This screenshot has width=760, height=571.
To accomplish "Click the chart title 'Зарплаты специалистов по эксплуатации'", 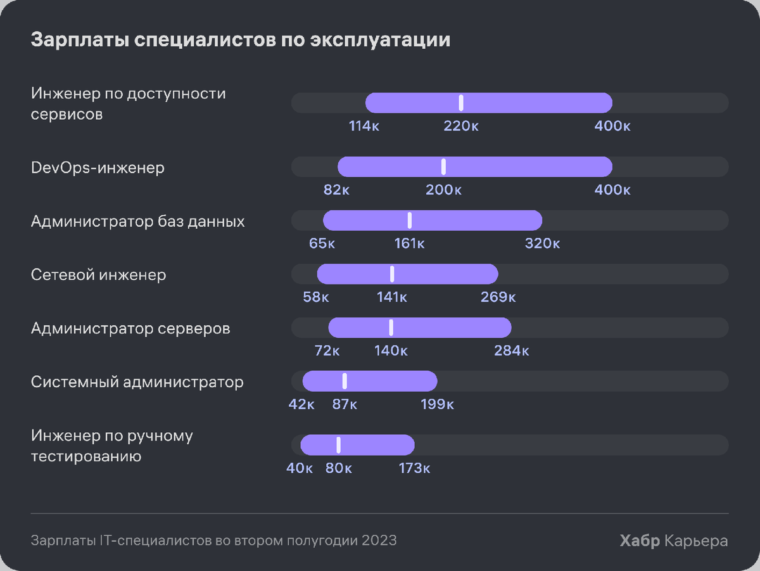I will (x=241, y=40).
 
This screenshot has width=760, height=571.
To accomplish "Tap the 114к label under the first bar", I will (x=364, y=125).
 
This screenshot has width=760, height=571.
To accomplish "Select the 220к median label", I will (x=461, y=125).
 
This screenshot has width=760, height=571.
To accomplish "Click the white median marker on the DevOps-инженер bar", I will (x=443, y=167).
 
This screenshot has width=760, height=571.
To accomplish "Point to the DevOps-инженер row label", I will (x=98, y=168).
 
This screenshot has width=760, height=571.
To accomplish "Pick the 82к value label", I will (x=336, y=189).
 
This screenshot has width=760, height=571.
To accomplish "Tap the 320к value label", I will (x=542, y=243).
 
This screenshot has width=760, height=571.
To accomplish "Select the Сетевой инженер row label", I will (x=98, y=275).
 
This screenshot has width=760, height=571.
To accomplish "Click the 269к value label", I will (x=498, y=297).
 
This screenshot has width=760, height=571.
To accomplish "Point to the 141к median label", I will (x=392, y=297).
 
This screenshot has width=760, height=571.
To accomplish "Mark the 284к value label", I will (x=511, y=350).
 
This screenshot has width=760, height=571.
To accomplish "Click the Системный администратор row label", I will (x=137, y=382).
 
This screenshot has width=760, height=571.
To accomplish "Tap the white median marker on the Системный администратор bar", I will (x=345, y=381).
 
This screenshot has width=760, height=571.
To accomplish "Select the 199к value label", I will (x=437, y=404).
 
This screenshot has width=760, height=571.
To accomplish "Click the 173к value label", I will (x=414, y=468).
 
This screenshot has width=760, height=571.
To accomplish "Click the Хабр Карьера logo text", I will (x=674, y=541).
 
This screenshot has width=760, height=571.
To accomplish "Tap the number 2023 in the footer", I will (x=379, y=541).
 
